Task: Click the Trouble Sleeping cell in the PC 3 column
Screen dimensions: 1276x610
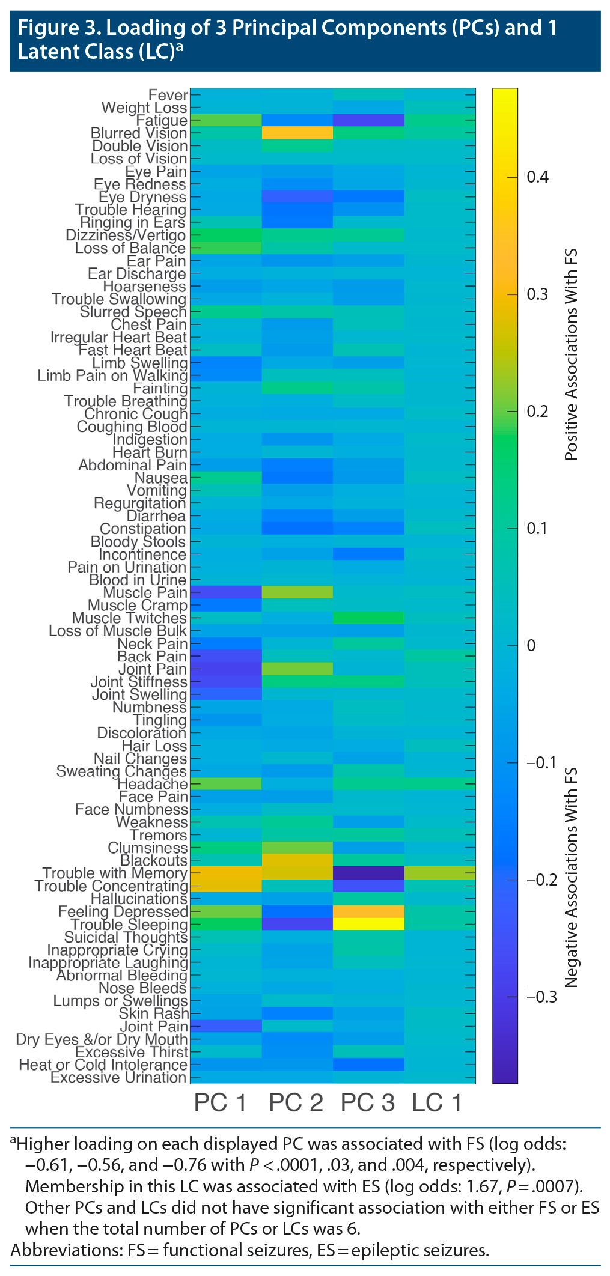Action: pos(368,924)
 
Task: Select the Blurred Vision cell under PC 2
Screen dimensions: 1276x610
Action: pos(297,133)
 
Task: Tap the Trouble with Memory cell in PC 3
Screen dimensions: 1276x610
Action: pos(368,873)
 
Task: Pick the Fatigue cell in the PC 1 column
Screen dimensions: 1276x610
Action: pos(226,120)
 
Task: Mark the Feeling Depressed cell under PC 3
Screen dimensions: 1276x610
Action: pos(368,911)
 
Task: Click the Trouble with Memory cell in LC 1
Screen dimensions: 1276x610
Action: pos(439,873)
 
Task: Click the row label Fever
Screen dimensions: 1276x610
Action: pos(168,95)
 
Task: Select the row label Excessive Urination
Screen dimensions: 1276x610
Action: pos(119,1077)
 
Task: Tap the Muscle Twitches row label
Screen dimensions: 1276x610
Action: pos(129,618)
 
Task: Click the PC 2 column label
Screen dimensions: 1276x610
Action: pos(296,1103)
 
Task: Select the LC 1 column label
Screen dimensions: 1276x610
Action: pos(437,1103)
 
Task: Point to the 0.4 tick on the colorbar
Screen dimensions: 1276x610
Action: pos(537,177)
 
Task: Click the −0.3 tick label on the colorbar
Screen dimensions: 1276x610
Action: pos(541,997)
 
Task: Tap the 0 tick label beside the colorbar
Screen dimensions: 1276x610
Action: pos(530,646)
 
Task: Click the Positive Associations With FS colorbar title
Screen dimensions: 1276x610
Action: pos(571,354)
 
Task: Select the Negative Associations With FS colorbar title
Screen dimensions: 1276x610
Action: pos(571,877)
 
